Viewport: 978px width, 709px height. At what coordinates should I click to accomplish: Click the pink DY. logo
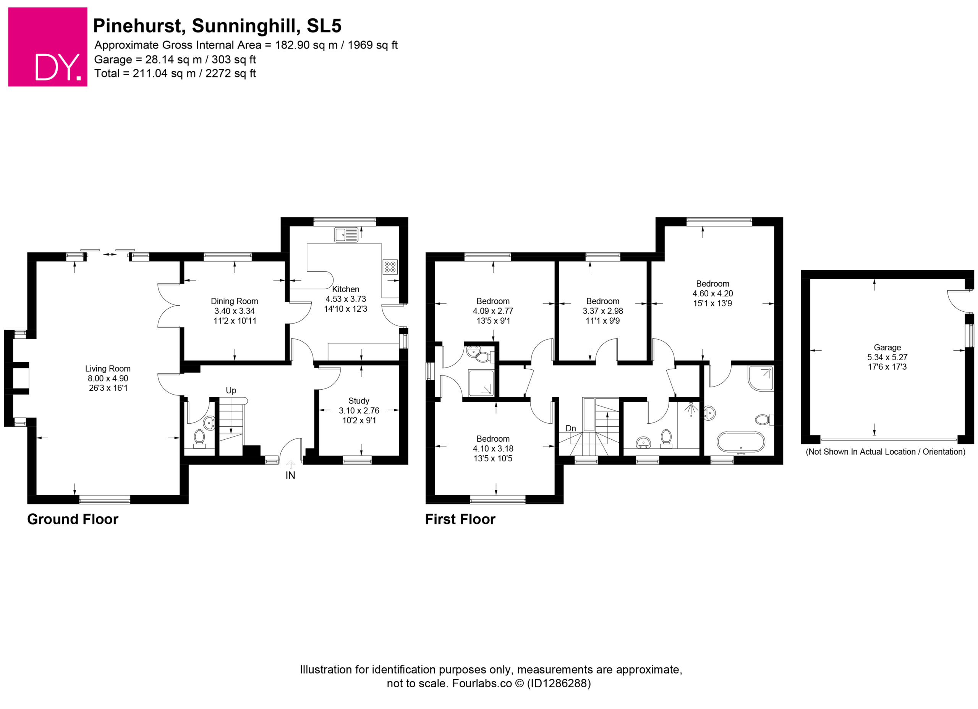pyautogui.click(x=48, y=47)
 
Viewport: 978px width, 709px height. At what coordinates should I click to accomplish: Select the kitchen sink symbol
pyautogui.click(x=346, y=235)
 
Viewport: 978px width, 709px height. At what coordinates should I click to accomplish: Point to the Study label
pyautogui.click(x=359, y=401)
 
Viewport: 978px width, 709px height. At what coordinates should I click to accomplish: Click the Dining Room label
pyautogui.click(x=235, y=301)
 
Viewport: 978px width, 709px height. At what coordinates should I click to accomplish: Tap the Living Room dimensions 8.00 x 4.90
pyautogui.click(x=108, y=379)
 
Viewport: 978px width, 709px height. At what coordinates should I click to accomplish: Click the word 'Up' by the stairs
pyautogui.click(x=231, y=391)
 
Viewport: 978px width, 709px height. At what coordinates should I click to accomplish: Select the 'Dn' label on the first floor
pyautogui.click(x=570, y=428)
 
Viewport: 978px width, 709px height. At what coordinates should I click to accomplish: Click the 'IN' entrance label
pyautogui.click(x=290, y=476)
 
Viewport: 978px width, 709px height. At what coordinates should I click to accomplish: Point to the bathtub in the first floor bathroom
pyautogui.click(x=741, y=442)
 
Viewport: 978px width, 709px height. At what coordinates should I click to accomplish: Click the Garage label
pyautogui.click(x=887, y=348)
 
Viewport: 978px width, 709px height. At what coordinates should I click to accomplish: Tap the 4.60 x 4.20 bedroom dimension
pyautogui.click(x=713, y=294)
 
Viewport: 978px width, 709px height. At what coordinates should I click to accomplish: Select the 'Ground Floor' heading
pyautogui.click(x=73, y=519)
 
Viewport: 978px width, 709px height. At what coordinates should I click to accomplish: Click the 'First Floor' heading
pyautogui.click(x=460, y=519)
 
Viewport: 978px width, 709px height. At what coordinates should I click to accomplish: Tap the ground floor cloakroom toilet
pyautogui.click(x=199, y=438)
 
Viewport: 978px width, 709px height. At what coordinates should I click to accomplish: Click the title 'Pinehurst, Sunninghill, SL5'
pyautogui.click(x=217, y=26)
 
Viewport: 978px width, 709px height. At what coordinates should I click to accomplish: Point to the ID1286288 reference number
pyautogui.click(x=559, y=683)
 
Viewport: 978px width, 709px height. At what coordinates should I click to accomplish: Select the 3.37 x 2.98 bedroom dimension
pyautogui.click(x=603, y=311)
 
